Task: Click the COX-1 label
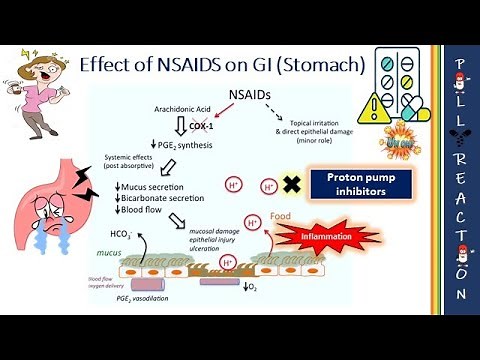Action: [x=176, y=113]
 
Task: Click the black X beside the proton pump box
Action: [x=293, y=184]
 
